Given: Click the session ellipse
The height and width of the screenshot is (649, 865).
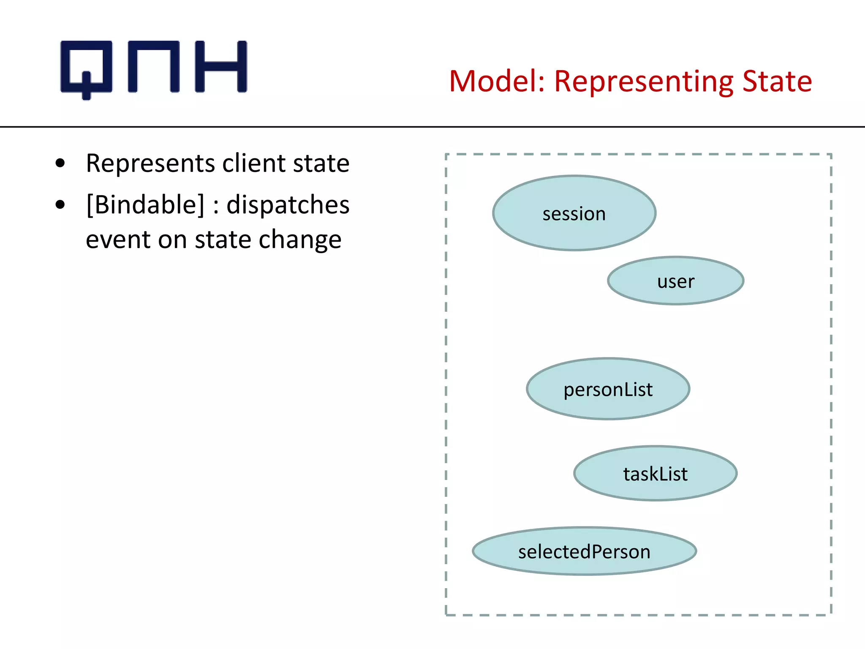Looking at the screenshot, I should click(x=574, y=213).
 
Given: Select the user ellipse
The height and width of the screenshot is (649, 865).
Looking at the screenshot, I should click(x=675, y=281).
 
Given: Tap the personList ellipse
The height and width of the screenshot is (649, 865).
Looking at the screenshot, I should click(x=608, y=389).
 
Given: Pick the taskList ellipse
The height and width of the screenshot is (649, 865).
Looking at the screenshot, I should click(x=655, y=474).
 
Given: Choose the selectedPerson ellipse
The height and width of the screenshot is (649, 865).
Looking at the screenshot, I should click(x=584, y=551).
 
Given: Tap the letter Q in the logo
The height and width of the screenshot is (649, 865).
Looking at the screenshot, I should click(x=87, y=68).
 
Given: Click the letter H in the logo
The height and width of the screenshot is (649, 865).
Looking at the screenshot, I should click(x=220, y=66).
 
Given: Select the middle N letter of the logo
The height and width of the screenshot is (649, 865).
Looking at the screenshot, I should click(x=154, y=66).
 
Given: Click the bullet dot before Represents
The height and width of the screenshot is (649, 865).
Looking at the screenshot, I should click(x=60, y=163).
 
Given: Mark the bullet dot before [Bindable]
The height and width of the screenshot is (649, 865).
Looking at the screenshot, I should click(x=60, y=205).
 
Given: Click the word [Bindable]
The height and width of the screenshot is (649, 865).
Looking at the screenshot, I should click(x=145, y=205).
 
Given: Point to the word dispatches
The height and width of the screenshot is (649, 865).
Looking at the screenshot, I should click(x=288, y=205).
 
